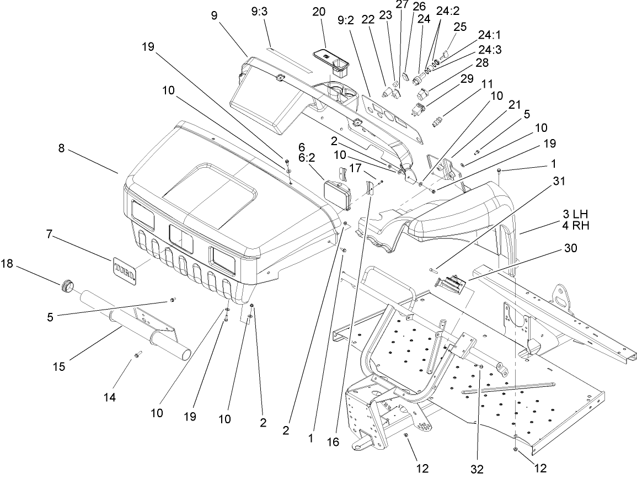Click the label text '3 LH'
pyautogui.click(x=574, y=214)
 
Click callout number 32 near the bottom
pyautogui.click(x=477, y=469)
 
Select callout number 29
pyautogui.click(x=466, y=79)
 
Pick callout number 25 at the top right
pyautogui.click(x=459, y=26)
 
